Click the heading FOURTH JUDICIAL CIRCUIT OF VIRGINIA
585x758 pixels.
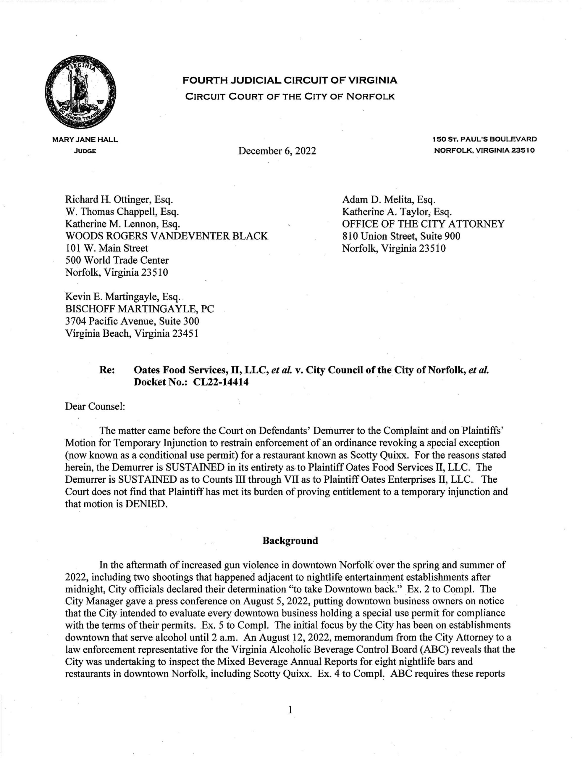pyautogui.click(x=290, y=81)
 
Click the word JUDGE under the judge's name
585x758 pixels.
pyautogui.click(x=85, y=151)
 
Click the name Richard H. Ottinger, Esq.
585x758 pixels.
pyautogui.click(x=119, y=200)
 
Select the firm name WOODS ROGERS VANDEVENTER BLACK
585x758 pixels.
pyautogui.click(x=167, y=236)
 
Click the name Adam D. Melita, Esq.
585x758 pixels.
pyautogui.click(x=388, y=200)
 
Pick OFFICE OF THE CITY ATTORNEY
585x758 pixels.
pyautogui.click(x=423, y=224)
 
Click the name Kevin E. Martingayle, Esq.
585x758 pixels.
pyautogui.click(x=123, y=297)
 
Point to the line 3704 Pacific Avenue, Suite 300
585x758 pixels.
pyautogui.click(x=132, y=321)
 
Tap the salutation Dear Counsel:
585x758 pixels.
pyautogui.click(x=95, y=406)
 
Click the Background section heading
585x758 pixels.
pyautogui.click(x=290, y=541)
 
